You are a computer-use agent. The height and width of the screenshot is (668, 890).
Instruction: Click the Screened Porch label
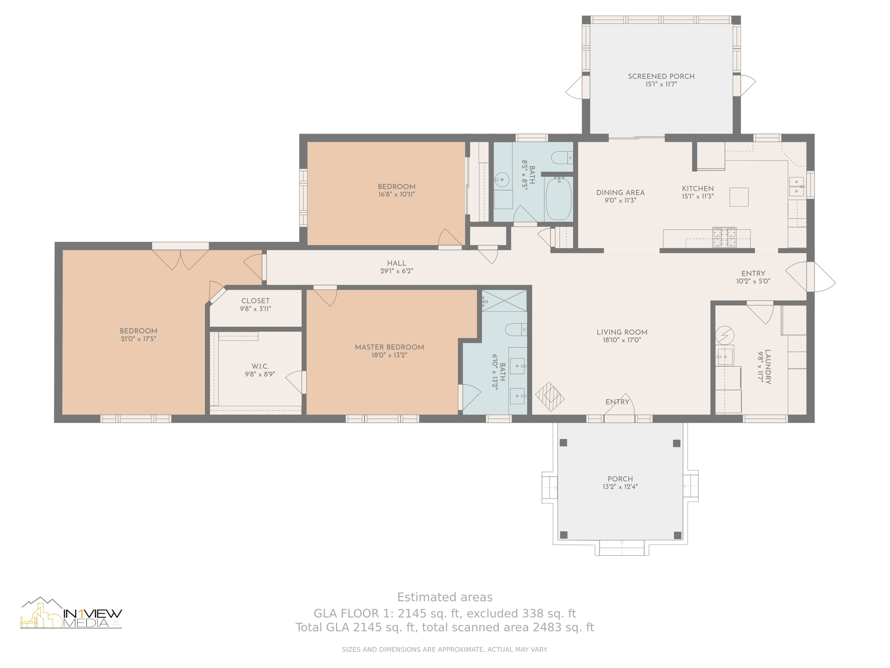coord(661,77)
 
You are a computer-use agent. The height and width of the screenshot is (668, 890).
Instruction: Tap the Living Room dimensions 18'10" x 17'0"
coord(622,341)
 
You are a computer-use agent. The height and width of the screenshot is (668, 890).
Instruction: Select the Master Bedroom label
coord(389,347)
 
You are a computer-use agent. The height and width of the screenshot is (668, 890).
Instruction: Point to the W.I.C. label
coord(260,366)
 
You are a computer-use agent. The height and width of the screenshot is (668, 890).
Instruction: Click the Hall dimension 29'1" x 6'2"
coord(396,271)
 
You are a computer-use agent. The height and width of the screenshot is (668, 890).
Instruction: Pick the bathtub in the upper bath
coord(558,198)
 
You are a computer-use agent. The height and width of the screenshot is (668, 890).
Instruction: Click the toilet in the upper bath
coord(562,157)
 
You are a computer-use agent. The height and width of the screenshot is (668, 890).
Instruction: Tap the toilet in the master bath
coord(516,330)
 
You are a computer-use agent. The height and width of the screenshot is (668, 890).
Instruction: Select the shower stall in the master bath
coord(504,301)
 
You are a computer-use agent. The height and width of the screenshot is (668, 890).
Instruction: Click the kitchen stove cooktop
coord(724,237)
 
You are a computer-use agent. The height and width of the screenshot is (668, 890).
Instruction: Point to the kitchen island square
coord(739,197)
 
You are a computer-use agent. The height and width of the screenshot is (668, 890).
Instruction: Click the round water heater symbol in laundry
coord(724,335)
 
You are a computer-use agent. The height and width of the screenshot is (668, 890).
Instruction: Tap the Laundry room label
coord(768,367)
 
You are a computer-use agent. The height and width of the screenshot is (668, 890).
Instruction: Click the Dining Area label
coord(620,193)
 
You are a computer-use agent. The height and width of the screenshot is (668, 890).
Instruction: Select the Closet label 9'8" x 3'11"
coord(256,304)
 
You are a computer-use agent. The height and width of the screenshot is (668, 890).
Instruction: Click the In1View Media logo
coord(71,613)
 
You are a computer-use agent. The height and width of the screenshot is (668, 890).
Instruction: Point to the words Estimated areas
coord(445,597)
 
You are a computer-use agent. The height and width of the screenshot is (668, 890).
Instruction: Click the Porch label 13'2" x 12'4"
coord(620,483)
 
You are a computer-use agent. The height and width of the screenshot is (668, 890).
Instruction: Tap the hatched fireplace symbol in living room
coord(550,397)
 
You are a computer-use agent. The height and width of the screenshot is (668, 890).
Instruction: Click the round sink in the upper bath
coord(502,179)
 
